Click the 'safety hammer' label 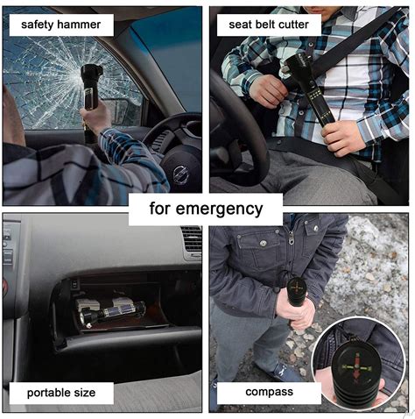pyautogui.click(x=61, y=25)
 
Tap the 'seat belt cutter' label pyautogui.click(x=269, y=25)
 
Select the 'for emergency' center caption pyautogui.click(x=206, y=209)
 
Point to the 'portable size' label pyautogui.click(x=61, y=393)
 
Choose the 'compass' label pyautogui.click(x=269, y=392)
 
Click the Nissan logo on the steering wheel pyautogui.click(x=180, y=174)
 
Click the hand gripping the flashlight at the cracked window pyautogui.click(x=96, y=117)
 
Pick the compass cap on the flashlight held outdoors pyautogui.click(x=297, y=287)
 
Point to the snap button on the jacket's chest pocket pyautogui.click(x=264, y=243)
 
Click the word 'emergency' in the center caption pyautogui.click(x=219, y=209)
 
